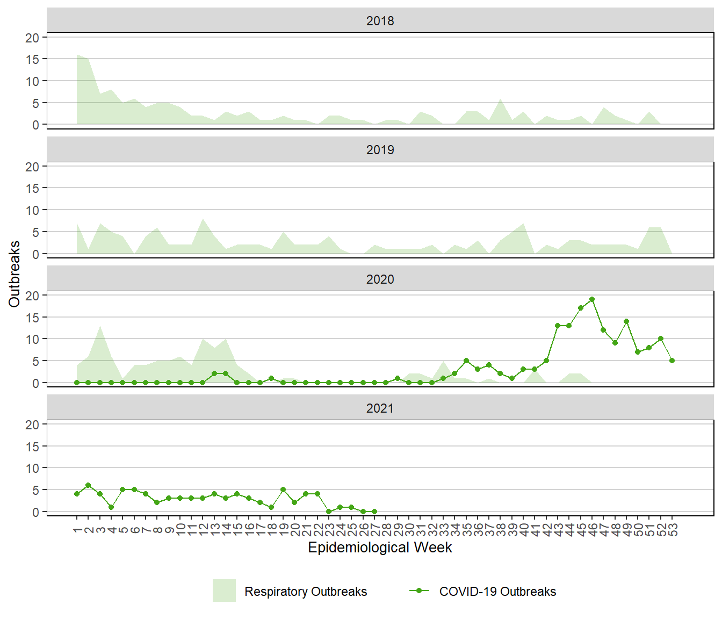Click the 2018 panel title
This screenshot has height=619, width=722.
coord(380,21)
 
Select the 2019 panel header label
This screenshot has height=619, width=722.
coord(380,150)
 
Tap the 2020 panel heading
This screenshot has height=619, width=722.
coord(380,279)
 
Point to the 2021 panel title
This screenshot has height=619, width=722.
coord(380,408)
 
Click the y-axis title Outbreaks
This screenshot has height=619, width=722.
coord(15,274)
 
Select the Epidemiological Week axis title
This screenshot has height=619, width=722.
coord(380,548)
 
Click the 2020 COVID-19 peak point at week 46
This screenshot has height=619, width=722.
coord(592,299)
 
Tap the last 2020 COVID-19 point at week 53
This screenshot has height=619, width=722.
coord(672,361)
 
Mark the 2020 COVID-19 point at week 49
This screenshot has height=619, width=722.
coord(626,321)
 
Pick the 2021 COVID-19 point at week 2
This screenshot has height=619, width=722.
coord(88,485)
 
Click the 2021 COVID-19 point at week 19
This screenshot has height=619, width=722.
coord(283,490)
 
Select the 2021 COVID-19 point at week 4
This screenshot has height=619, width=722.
coord(111,507)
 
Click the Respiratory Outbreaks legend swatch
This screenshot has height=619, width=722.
coord(224,591)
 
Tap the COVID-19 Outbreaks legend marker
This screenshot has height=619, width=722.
coord(419,591)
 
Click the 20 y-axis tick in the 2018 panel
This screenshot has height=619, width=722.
coord(32,38)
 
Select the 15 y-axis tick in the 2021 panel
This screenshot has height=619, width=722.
coord(32,447)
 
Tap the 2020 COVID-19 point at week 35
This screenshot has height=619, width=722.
coord(466,361)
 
